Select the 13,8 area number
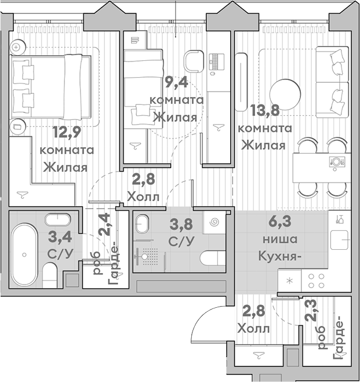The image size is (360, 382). (264, 110)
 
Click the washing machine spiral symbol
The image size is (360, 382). (213, 223)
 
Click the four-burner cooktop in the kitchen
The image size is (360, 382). (316, 280)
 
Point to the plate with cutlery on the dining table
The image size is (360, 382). (336, 161)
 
